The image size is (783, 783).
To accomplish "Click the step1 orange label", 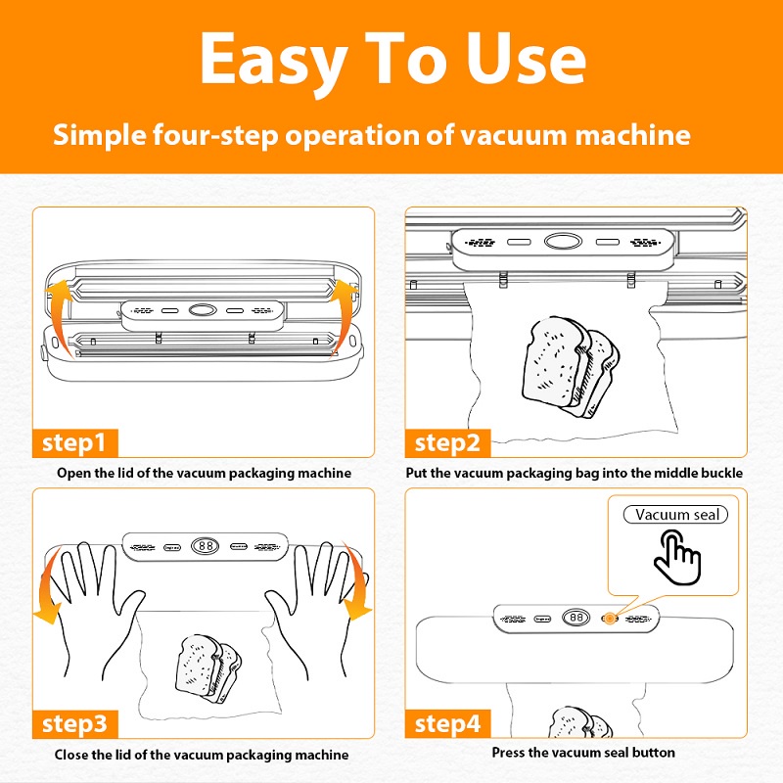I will (73, 442).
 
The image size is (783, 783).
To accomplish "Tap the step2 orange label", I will (447, 442).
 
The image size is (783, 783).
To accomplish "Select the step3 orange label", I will (73, 725).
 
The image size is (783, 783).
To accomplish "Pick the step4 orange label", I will (447, 725).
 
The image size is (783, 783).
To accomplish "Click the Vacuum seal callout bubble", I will (677, 515).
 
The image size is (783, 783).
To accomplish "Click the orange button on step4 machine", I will (609, 619).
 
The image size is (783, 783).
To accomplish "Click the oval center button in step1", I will (202, 309).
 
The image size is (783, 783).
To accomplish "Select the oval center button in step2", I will (562, 241).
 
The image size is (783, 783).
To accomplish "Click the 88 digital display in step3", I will (205, 548).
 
